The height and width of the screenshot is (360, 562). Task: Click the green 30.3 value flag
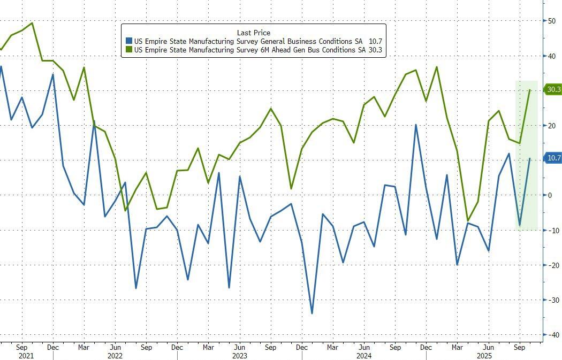pos(553,90)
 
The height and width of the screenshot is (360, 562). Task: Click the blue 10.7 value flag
pos(553,158)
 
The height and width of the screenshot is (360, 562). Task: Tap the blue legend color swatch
pos(128,41)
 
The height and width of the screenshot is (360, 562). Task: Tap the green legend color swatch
pos(128,50)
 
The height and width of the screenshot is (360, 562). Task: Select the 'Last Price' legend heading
pos(253,33)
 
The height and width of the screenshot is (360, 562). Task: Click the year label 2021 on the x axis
pos(26,355)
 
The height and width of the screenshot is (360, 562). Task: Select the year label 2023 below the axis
pos(239,355)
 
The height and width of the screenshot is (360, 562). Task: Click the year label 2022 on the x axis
pos(115,355)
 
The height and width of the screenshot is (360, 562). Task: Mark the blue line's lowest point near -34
pos(312,313)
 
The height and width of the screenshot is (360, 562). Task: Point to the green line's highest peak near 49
pos(32,23)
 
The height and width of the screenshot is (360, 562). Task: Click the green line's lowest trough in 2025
pos(468,220)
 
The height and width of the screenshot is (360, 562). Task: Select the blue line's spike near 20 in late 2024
pos(416,125)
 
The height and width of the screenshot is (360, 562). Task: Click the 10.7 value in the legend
pos(375,41)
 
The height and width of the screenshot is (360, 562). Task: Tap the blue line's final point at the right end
pos(530,158)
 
